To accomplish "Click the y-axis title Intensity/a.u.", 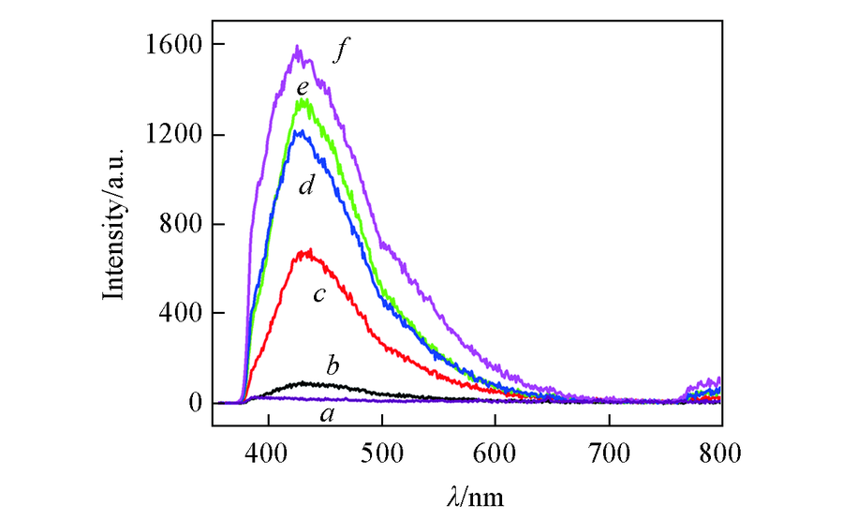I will pyautogui.click(x=114, y=226).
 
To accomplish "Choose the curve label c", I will pyautogui.click(x=318, y=295).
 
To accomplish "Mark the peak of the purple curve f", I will pyautogui.click(x=298, y=46).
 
